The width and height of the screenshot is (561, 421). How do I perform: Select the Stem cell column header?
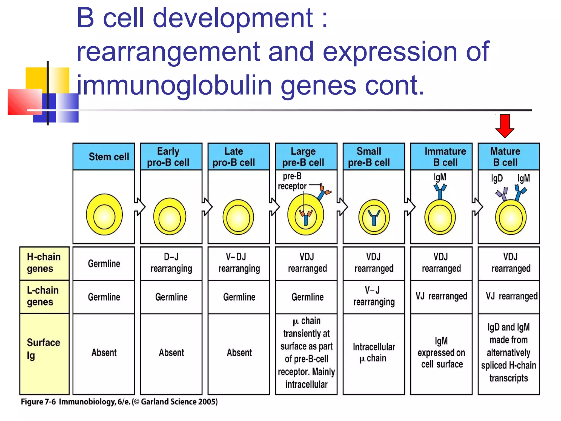(x=104, y=157)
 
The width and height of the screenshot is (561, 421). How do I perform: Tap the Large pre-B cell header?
(x=306, y=157)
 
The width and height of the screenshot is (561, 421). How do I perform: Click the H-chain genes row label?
(x=44, y=263)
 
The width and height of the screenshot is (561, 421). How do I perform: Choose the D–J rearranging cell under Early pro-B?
(x=171, y=263)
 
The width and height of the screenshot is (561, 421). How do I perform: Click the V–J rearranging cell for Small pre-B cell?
(x=374, y=296)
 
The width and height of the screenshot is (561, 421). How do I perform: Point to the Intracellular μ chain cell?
(x=374, y=352)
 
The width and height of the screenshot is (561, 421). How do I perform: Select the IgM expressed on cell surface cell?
(x=441, y=352)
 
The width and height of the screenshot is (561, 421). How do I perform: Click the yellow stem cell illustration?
(x=104, y=215)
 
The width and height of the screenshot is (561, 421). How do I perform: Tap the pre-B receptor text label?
(x=292, y=181)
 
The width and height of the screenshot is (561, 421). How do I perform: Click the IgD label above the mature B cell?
(x=497, y=178)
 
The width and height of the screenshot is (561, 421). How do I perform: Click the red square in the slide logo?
(x=25, y=101)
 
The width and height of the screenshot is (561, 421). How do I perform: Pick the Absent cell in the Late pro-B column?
(x=239, y=352)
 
